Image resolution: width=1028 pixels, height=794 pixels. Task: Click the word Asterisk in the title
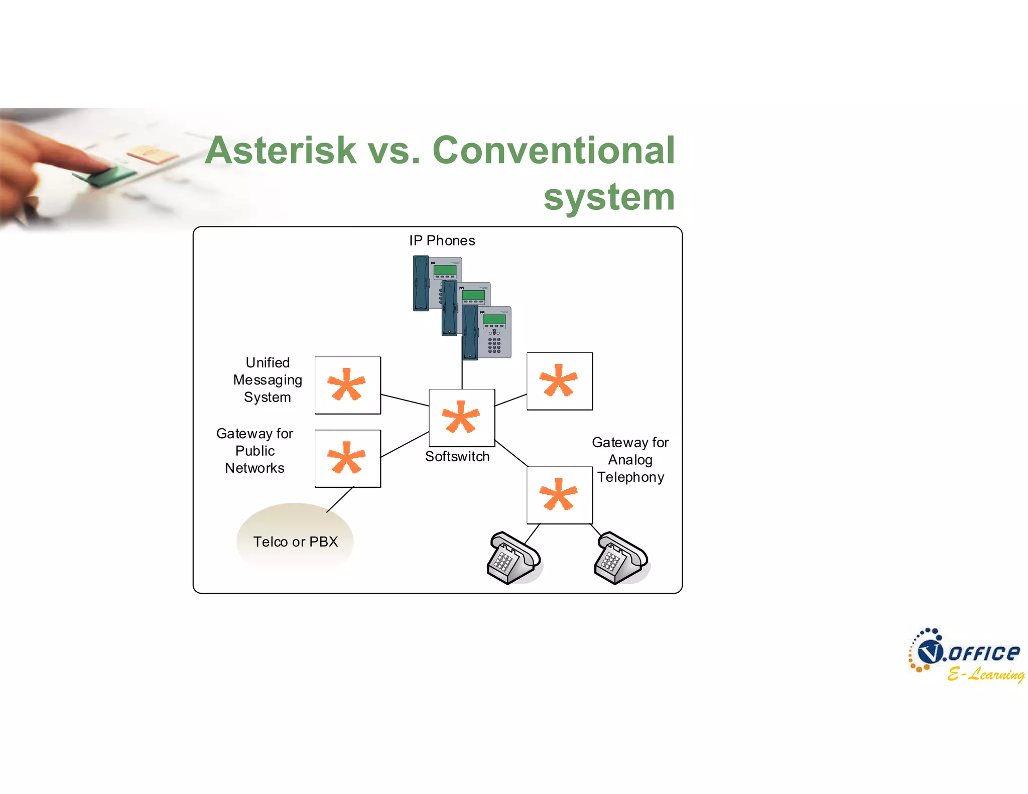click(x=281, y=151)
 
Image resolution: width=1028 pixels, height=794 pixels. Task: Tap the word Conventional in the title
click(x=553, y=151)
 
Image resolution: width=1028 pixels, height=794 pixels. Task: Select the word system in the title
click(x=609, y=197)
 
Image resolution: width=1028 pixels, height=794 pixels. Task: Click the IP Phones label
click(x=442, y=241)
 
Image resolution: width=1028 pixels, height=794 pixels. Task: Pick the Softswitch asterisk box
click(x=462, y=417)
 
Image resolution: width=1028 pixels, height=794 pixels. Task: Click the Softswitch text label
click(x=457, y=457)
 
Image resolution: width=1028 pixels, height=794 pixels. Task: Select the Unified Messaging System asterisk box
click(x=347, y=385)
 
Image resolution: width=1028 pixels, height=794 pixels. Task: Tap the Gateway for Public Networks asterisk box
click(x=347, y=458)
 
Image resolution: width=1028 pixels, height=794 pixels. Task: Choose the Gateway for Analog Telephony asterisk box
click(x=559, y=495)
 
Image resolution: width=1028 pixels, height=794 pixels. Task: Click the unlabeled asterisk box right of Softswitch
click(x=559, y=381)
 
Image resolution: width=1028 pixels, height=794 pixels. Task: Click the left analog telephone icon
click(x=513, y=558)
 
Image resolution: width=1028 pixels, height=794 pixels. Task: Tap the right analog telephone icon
click(x=621, y=558)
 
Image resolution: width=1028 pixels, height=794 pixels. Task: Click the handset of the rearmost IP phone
click(x=421, y=283)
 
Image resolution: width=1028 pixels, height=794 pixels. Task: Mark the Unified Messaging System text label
click(x=268, y=380)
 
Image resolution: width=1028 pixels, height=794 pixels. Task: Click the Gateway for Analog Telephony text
click(x=630, y=460)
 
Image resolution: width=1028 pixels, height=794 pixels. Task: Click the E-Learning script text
click(x=986, y=674)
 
